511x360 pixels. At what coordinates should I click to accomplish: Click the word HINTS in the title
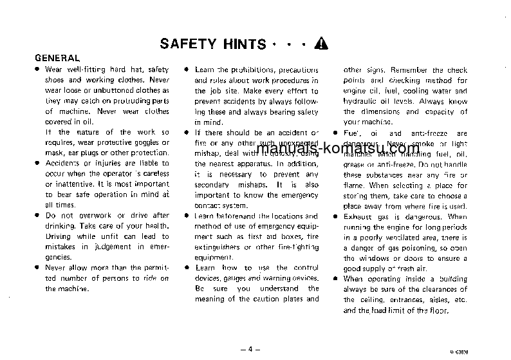tap(241, 44)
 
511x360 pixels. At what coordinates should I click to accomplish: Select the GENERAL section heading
tap(57, 58)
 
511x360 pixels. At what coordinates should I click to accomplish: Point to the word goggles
tap(144, 143)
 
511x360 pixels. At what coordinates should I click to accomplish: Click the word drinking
tap(62, 226)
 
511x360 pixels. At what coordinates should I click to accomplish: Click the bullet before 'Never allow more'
tap(38, 268)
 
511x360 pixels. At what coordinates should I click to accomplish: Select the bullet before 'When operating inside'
tap(336, 278)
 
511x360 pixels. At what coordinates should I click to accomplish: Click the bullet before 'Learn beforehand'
tap(186, 216)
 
